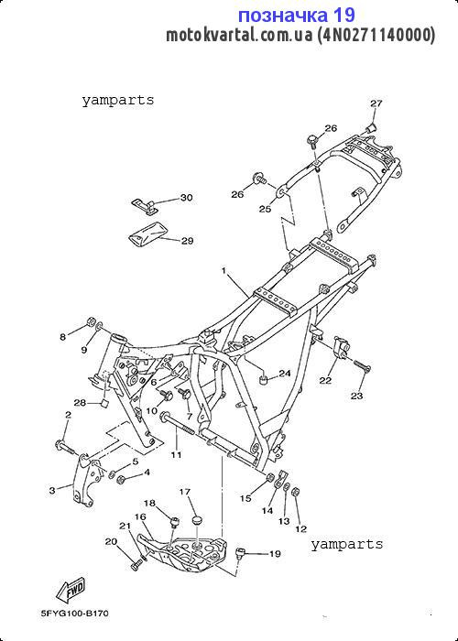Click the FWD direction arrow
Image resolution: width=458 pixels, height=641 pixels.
click(71, 591)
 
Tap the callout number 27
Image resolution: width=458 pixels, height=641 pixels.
click(376, 103)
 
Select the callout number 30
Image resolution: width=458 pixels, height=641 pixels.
click(186, 198)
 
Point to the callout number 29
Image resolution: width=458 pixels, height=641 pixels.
click(187, 241)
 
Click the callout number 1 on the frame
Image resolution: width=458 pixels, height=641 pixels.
click(224, 270)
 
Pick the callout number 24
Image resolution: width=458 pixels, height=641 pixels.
click(285, 373)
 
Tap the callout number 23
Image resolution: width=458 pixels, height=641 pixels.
click(356, 396)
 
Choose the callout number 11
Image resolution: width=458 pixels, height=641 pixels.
click(177, 454)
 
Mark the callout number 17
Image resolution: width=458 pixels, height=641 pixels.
click(185, 492)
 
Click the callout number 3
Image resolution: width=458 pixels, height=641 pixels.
click(52, 490)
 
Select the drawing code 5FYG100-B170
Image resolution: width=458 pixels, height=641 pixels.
click(75, 614)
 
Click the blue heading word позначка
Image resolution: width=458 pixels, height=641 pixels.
click(283, 16)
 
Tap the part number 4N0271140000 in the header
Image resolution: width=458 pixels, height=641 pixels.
click(376, 35)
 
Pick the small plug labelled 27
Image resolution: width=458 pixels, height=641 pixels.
click(371, 127)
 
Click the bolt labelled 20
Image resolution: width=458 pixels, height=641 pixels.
click(136, 566)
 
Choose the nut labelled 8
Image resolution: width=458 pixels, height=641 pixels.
click(92, 320)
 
